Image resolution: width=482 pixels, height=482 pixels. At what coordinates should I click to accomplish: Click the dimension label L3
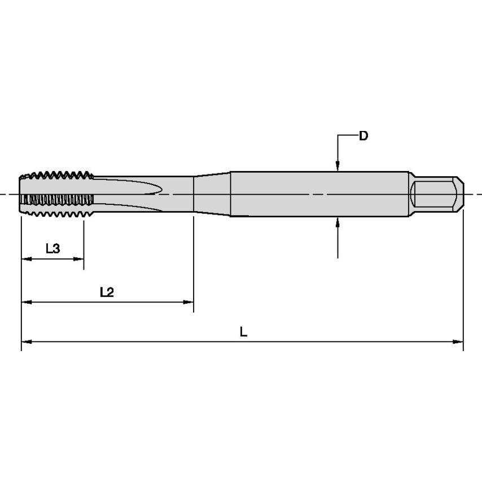click(52, 248)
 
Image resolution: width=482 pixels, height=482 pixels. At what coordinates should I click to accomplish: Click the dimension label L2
click(107, 292)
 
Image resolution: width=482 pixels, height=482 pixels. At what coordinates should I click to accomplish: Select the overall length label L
click(243, 332)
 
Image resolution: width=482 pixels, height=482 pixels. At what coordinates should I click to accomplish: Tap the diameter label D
click(363, 136)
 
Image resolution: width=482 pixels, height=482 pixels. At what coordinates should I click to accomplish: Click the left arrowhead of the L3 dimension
click(25, 259)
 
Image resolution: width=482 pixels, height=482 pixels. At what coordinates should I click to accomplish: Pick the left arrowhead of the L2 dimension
click(25, 302)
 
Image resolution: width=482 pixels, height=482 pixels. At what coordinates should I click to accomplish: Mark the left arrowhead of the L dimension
click(25, 341)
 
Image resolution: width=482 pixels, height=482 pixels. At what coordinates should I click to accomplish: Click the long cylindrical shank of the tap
click(319, 194)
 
